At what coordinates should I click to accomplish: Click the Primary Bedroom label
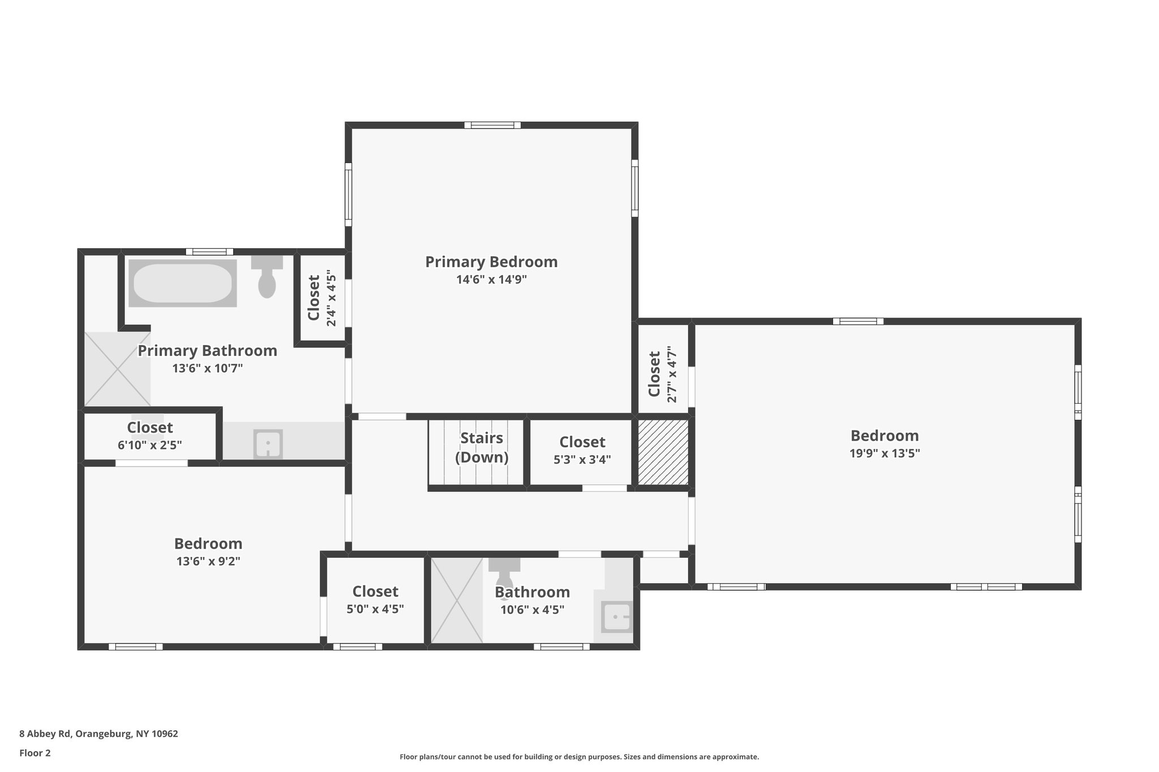click(491, 262)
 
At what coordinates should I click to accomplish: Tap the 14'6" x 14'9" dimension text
click(491, 279)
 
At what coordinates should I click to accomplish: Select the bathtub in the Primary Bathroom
click(182, 283)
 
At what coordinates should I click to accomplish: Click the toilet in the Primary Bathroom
click(267, 277)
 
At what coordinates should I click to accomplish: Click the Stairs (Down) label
click(481, 447)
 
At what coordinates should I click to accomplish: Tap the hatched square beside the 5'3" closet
click(663, 452)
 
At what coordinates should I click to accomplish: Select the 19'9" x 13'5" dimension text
click(884, 453)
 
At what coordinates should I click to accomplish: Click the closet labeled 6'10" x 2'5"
click(149, 435)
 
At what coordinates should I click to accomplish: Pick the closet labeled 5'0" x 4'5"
click(375, 600)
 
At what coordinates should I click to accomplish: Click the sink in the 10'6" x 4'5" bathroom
click(616, 617)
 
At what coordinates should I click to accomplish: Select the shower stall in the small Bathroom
click(457, 600)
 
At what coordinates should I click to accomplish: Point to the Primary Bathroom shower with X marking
click(118, 369)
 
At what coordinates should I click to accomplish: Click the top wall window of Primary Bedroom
click(492, 125)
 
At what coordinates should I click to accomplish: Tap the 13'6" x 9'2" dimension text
click(208, 562)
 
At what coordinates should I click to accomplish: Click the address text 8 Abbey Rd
click(98, 734)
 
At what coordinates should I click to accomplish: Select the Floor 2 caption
click(35, 753)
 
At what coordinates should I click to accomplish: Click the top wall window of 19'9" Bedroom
click(857, 321)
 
